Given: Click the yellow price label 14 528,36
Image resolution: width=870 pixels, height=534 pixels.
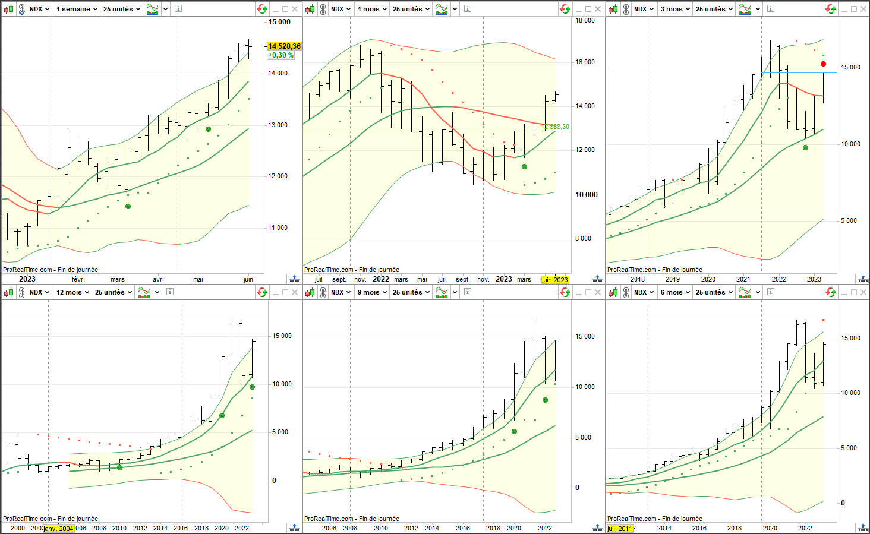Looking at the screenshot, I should [284, 46].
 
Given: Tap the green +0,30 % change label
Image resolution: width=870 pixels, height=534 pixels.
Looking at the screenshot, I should [280, 55].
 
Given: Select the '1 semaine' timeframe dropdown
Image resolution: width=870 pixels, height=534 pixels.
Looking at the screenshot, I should [77, 9].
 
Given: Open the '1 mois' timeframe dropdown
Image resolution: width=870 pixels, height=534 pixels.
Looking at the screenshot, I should [372, 9].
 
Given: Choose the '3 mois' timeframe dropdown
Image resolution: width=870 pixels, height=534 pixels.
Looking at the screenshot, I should [675, 9].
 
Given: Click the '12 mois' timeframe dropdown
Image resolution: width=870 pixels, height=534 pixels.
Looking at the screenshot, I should [72, 292].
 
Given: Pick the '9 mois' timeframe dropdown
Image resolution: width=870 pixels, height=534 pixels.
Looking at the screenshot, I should [372, 292].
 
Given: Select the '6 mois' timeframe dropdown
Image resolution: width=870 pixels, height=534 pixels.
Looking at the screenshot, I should [675, 292].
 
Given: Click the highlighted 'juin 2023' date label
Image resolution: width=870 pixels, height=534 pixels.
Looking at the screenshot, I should [555, 280].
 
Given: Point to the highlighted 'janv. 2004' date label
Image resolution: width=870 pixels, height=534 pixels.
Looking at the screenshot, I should [59, 529].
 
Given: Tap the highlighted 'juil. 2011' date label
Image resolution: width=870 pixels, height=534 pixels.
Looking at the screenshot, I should [620, 529].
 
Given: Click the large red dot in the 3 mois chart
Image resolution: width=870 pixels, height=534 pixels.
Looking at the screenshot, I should [823, 64].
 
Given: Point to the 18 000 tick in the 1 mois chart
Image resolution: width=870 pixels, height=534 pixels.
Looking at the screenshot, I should [585, 20].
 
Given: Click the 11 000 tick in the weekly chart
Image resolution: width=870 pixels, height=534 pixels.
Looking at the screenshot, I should [278, 227].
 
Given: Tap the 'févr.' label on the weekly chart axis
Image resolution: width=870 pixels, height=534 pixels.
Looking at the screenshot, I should [78, 280].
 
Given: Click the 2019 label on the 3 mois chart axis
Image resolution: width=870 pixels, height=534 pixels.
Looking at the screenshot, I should [673, 280].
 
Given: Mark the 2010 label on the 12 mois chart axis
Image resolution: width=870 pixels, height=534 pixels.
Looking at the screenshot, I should [119, 529].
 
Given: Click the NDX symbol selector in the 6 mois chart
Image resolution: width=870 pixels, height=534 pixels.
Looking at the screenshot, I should [644, 292].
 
